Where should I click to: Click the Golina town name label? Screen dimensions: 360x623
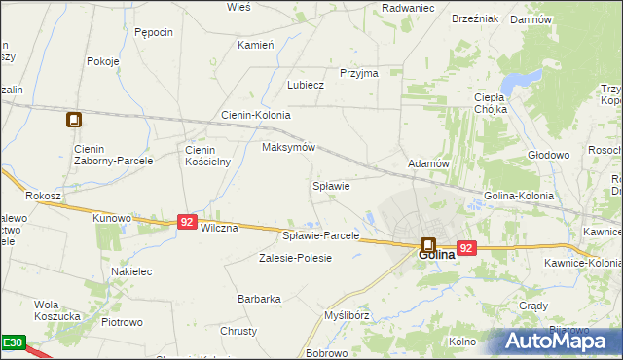pyautogui.click(x=437, y=255)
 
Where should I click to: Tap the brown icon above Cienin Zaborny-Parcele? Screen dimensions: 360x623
pyautogui.click(x=74, y=121)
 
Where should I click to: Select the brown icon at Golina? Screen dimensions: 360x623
pyautogui.click(x=427, y=244)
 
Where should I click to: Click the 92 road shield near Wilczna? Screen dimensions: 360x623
pyautogui.click(x=188, y=222)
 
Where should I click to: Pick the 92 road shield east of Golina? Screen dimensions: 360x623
pyautogui.click(x=466, y=248)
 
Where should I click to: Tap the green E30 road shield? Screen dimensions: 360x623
pyautogui.click(x=12, y=342)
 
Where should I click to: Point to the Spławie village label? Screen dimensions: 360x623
pyautogui.click(x=330, y=185)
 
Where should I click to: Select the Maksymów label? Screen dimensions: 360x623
pyautogui.click(x=289, y=148)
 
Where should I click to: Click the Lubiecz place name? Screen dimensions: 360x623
pyautogui.click(x=305, y=85)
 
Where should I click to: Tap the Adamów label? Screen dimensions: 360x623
pyautogui.click(x=427, y=164)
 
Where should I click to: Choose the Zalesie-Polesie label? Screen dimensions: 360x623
pyautogui.click(x=295, y=258)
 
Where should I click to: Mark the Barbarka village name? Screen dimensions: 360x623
pyautogui.click(x=259, y=299)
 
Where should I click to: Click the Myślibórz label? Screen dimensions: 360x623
pyautogui.click(x=348, y=315)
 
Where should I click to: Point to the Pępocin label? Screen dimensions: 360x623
pyautogui.click(x=154, y=32)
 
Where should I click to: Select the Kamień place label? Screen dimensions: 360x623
pyautogui.click(x=256, y=45)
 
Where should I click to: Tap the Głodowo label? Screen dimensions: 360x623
pyautogui.click(x=547, y=155)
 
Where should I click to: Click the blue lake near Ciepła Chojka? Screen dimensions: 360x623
pyautogui.click(x=526, y=78)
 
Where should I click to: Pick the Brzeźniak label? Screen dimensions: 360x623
pyautogui.click(x=475, y=18)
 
